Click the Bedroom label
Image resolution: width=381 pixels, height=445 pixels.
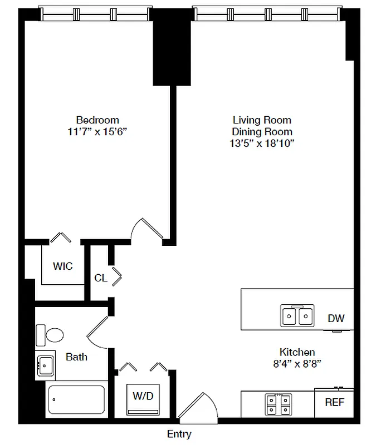pyautogui.click(x=97, y=120)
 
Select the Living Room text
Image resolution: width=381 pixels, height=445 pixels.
pyautogui.click(x=262, y=120)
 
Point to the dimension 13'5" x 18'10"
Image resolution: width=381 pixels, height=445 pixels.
pyautogui.click(x=262, y=143)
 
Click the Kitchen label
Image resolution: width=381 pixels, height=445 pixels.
pyautogui.click(x=297, y=352)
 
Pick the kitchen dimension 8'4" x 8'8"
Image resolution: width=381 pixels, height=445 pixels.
pyautogui.click(x=297, y=364)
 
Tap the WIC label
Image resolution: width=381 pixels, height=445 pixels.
pyautogui.click(x=63, y=266)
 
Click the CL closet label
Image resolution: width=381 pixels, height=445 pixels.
pyautogui.click(x=101, y=278)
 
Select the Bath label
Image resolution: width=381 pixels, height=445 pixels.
pyautogui.click(x=76, y=357)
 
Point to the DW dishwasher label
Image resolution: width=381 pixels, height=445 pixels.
pyautogui.click(x=336, y=319)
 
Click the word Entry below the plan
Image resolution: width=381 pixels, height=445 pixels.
pyautogui.click(x=179, y=434)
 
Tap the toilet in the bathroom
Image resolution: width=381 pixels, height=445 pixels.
pyautogui.click(x=50, y=335)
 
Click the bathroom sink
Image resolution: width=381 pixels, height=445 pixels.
pyautogui.click(x=45, y=365)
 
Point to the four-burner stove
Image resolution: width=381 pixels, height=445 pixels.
pyautogui.click(x=277, y=404)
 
